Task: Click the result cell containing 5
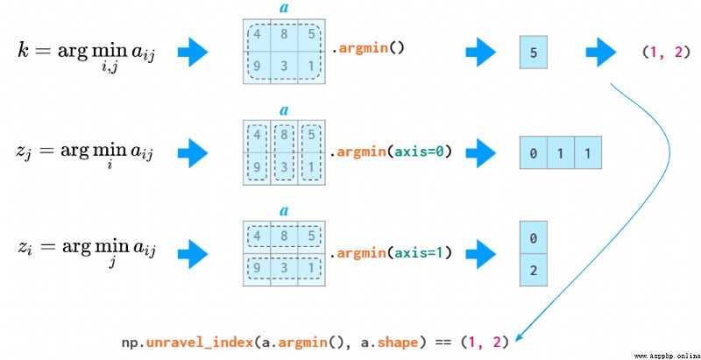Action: (533, 53)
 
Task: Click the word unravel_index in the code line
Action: (200, 342)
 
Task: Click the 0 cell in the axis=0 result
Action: (533, 152)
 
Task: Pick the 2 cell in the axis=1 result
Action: (533, 270)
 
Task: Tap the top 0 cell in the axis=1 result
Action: (533, 237)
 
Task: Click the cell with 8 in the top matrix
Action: (284, 35)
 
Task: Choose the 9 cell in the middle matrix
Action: (257, 169)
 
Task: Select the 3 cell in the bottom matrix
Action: (284, 269)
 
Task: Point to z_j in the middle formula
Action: (23, 152)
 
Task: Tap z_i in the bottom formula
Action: (24, 248)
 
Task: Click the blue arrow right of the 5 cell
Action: (601, 53)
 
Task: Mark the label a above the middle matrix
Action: (284, 109)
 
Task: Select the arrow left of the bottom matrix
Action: (193, 255)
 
